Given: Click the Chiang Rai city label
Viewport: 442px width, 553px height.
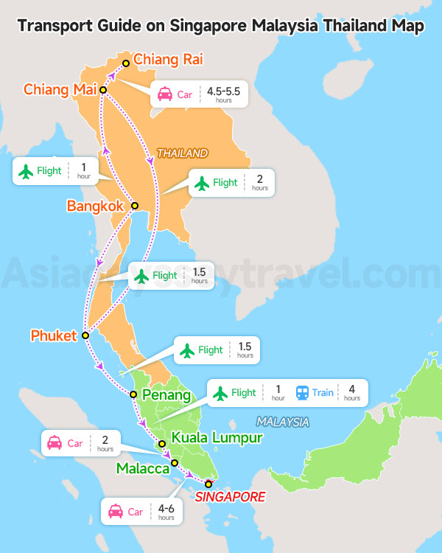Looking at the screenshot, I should [x=168, y=59].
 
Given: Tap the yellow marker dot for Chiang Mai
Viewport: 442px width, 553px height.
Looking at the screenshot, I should [x=103, y=90].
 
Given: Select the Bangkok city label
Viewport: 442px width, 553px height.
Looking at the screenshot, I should [x=95, y=206].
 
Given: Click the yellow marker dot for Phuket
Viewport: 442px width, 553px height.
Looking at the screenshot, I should [x=85, y=335].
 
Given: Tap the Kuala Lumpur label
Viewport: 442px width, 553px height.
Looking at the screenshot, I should [x=217, y=438].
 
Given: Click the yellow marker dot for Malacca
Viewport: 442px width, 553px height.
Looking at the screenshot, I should [x=175, y=463].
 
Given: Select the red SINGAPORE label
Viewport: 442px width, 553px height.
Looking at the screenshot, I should [x=230, y=497].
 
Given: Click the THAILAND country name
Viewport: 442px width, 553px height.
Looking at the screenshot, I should [x=182, y=153].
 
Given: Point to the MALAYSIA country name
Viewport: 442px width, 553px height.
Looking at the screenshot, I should [x=283, y=422].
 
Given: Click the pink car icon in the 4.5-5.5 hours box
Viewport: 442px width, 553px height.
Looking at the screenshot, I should [x=165, y=94].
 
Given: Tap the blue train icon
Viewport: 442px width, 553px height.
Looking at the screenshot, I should [x=302, y=393].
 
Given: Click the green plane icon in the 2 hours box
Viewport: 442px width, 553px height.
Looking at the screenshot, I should [x=202, y=183].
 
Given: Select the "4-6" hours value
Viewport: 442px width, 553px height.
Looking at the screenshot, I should [x=166, y=508].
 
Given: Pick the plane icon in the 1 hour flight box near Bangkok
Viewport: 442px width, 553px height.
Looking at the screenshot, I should [x=27, y=171].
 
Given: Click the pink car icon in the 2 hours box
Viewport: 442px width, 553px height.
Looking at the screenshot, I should [x=55, y=444].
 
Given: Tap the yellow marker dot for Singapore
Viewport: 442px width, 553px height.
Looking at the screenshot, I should [x=208, y=484].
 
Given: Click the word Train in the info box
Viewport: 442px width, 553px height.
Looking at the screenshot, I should [x=323, y=393].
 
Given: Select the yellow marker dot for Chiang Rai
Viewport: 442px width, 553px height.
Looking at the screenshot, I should [x=126, y=63].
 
